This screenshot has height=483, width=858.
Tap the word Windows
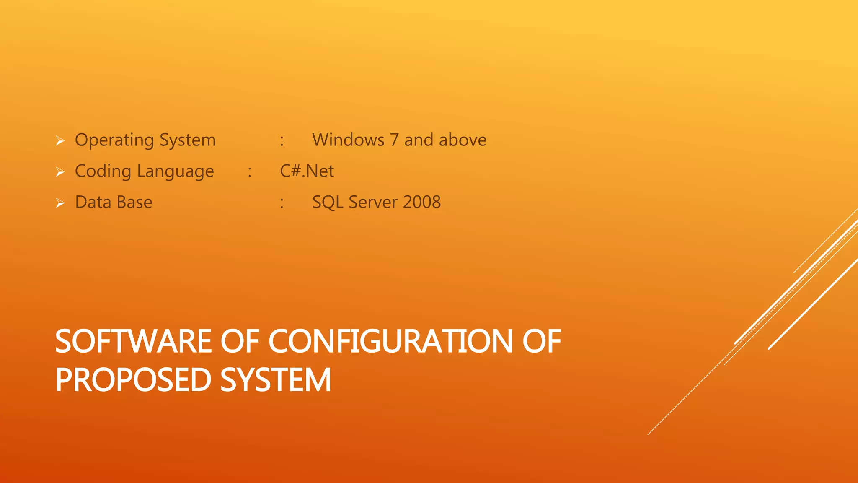tap(348, 140)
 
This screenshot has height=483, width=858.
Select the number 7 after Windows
tap(394, 140)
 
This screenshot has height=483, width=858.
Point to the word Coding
tap(103, 171)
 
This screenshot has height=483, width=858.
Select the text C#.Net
tap(307, 171)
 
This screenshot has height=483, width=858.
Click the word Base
tap(134, 202)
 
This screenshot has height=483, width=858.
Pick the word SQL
tap(328, 203)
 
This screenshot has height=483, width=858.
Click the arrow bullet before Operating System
tap(60, 141)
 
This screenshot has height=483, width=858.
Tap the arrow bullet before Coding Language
tap(60, 172)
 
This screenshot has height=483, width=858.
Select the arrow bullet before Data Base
tap(60, 203)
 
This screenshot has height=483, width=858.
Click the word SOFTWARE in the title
tap(133, 341)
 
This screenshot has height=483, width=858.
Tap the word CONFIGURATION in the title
tap(390, 341)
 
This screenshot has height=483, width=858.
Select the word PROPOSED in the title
tap(133, 380)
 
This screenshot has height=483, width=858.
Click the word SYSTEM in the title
tap(276, 380)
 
